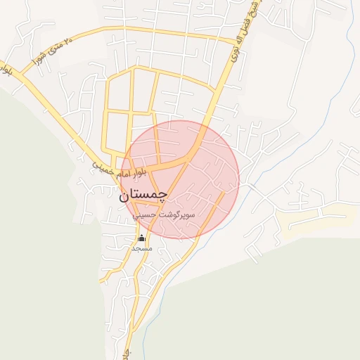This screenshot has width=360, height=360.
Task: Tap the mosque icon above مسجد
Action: (141, 238)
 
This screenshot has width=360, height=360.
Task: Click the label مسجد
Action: (141, 249)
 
